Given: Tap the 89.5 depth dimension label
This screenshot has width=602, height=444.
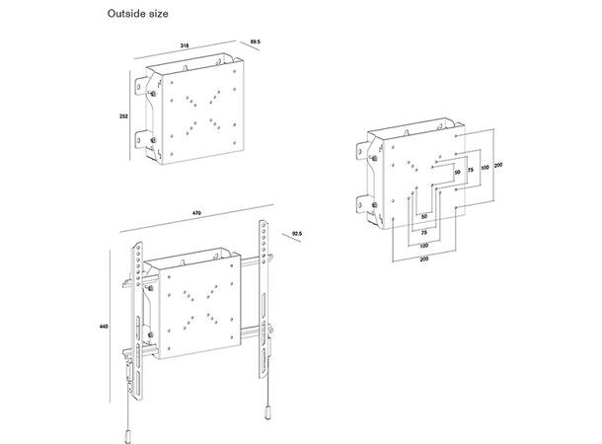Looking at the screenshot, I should pyautogui.click(x=254, y=42).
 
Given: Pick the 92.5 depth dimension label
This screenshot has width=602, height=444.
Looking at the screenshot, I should pyautogui.click(x=296, y=234).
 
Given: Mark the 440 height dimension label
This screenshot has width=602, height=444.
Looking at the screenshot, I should pyautogui.click(x=103, y=326).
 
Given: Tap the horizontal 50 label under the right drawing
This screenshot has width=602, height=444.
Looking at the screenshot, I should pyautogui.click(x=423, y=215).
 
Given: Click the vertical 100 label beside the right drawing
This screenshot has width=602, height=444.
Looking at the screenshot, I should pyautogui.click(x=484, y=169).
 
